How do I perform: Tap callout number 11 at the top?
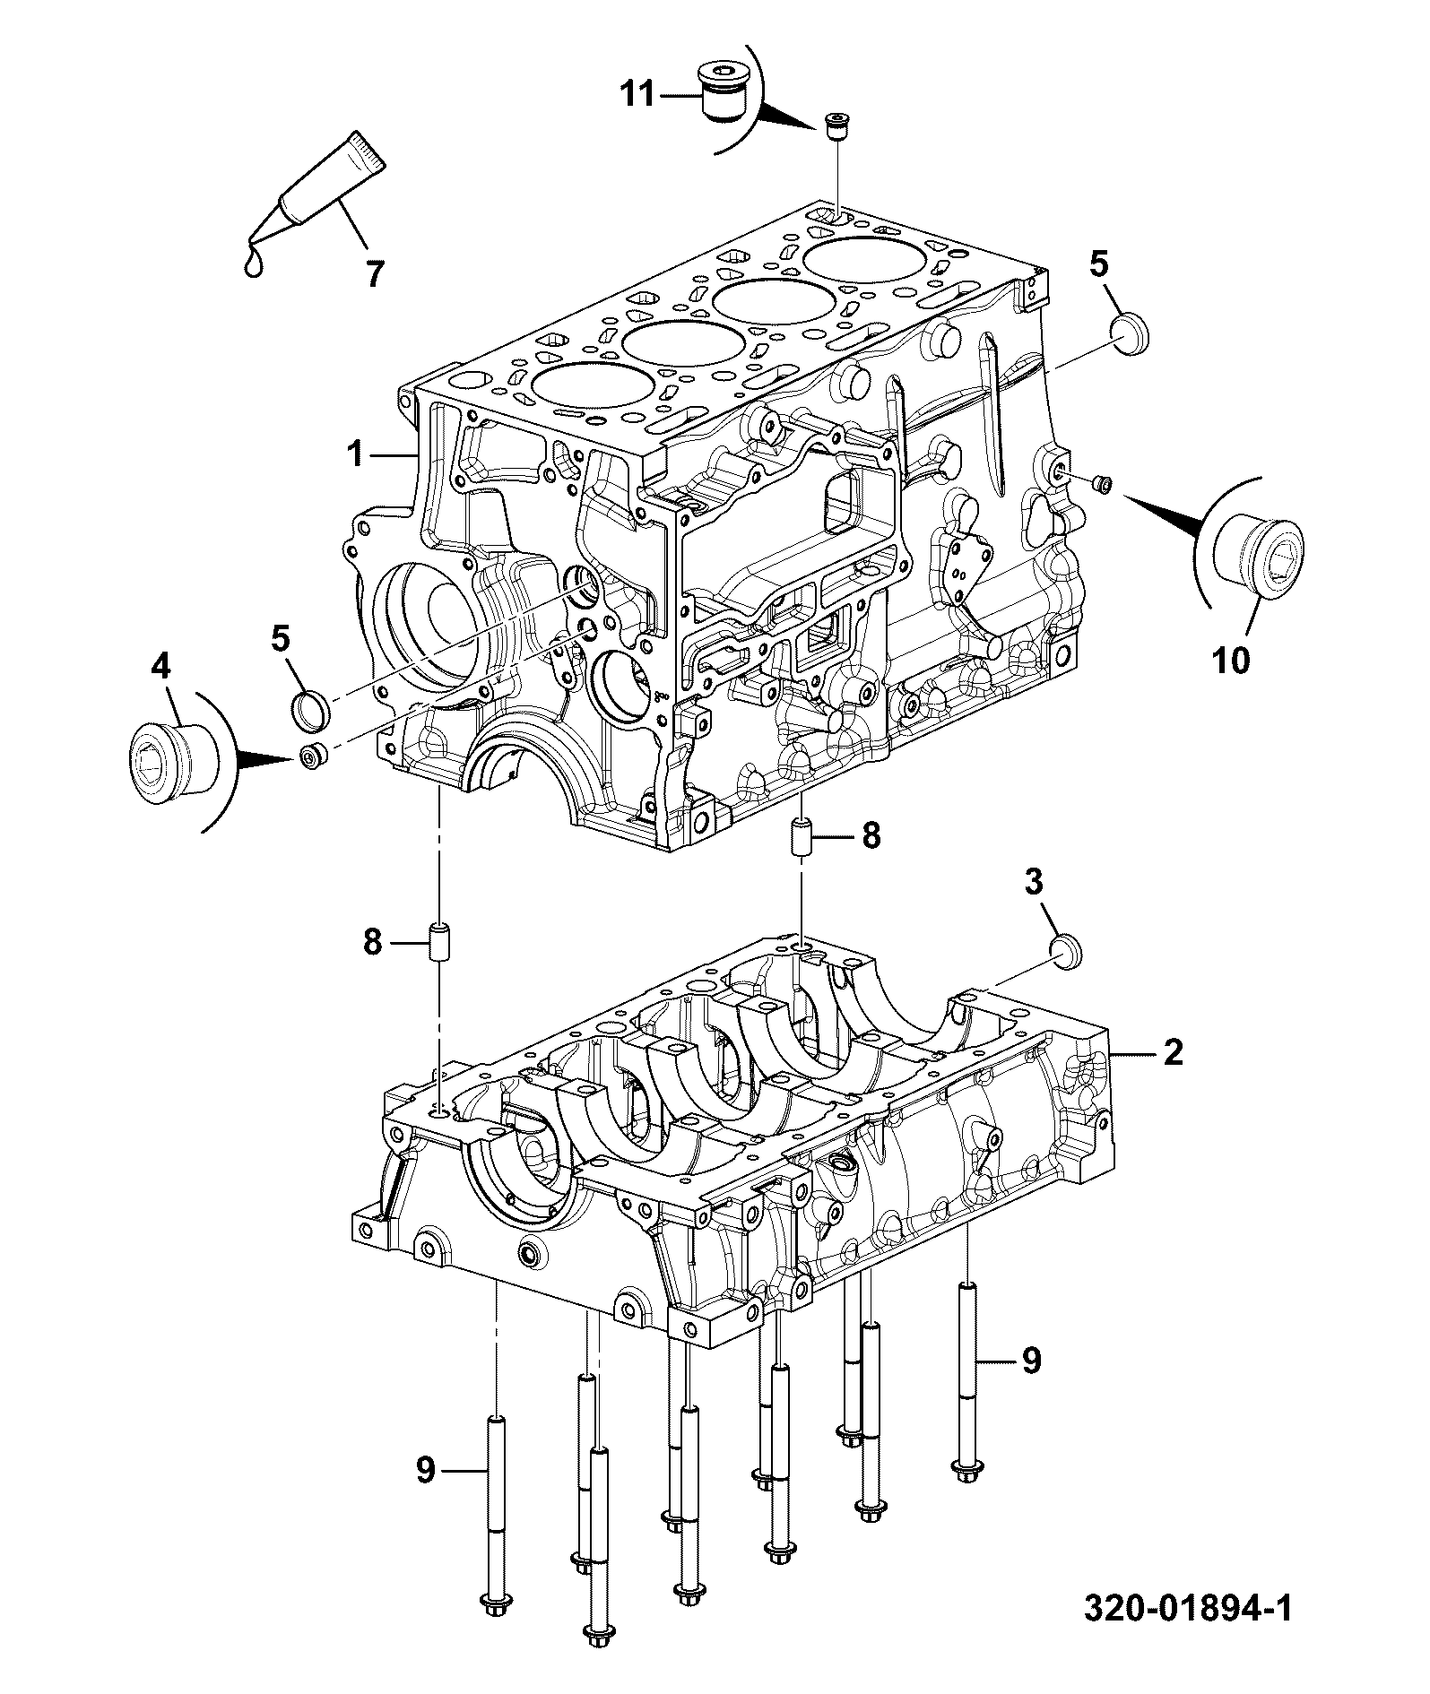[639, 93]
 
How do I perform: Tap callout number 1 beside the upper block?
[356, 454]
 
